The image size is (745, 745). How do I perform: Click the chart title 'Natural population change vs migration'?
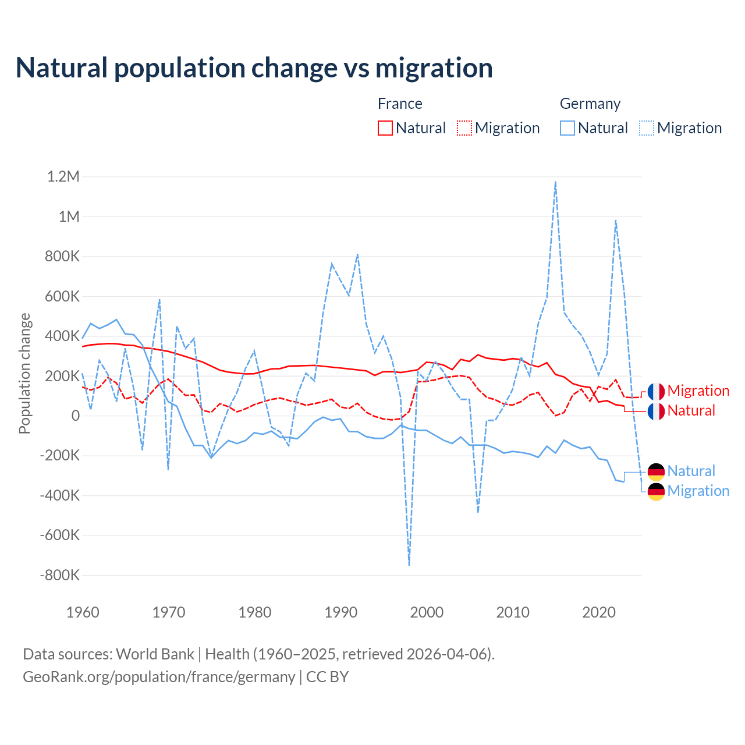[x=254, y=68]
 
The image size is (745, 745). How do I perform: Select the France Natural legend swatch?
[x=385, y=128]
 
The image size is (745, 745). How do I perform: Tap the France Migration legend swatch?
[x=464, y=128]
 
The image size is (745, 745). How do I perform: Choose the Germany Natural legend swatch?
[x=567, y=128]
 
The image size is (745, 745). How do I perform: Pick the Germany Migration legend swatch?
[x=647, y=128]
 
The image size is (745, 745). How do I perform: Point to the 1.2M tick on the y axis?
[x=63, y=176]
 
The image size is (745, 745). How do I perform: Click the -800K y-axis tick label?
[x=59, y=575]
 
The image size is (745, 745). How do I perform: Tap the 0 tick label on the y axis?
[x=76, y=416]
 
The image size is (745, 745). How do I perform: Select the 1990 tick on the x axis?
[x=340, y=612]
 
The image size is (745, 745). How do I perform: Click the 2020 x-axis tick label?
[x=599, y=612]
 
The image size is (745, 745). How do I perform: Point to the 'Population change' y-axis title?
[x=24, y=373]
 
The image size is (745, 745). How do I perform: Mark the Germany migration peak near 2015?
[x=556, y=182]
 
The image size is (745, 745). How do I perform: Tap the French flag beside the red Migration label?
[x=656, y=391]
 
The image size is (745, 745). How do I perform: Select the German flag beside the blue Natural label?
[x=656, y=471]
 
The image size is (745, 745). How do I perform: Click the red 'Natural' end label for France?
[x=691, y=411]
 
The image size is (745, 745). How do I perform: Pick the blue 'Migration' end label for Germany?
[x=698, y=491]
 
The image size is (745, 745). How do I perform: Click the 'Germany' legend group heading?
[x=590, y=104]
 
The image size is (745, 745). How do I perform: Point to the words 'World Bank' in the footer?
[x=155, y=654]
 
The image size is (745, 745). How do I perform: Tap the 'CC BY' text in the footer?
[x=327, y=677]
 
